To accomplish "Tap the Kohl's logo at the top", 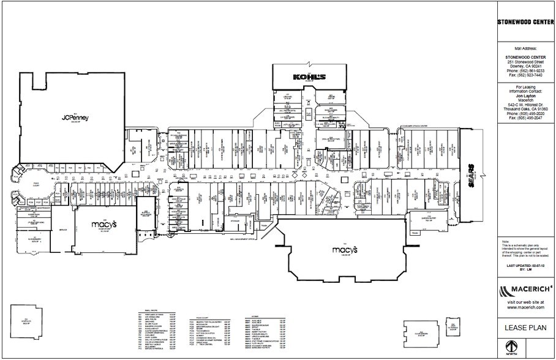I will point(309,77).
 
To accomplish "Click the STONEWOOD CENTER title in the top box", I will point(525,23).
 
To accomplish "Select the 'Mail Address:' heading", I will point(525,47).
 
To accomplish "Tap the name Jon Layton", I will point(525,97).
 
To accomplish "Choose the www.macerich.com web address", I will point(525,308).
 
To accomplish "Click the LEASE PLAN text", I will point(525,328).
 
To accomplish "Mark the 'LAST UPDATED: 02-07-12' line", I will point(525,266).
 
